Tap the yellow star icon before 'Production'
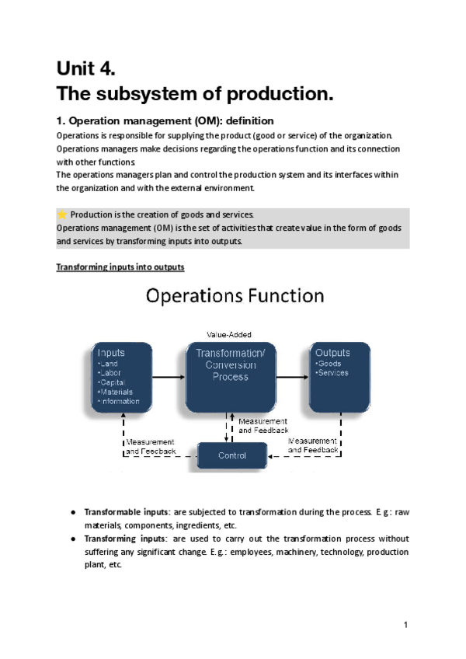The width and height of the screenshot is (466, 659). pyautogui.click(x=62, y=214)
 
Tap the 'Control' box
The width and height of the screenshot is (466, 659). pyautogui.click(x=231, y=455)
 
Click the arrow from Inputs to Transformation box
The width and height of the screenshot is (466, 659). pyautogui.click(x=170, y=377)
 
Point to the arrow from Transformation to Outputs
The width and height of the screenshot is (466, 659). pyautogui.click(x=292, y=377)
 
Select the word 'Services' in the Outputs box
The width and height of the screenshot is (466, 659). pyautogui.click(x=333, y=373)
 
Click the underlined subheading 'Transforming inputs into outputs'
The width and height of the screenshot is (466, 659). pyautogui.click(x=120, y=268)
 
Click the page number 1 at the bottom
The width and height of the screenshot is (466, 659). pyautogui.click(x=405, y=625)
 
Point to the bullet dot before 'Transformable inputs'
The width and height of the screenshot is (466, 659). pyautogui.click(x=72, y=512)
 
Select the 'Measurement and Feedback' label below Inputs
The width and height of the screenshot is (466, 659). pyautogui.click(x=151, y=446)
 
